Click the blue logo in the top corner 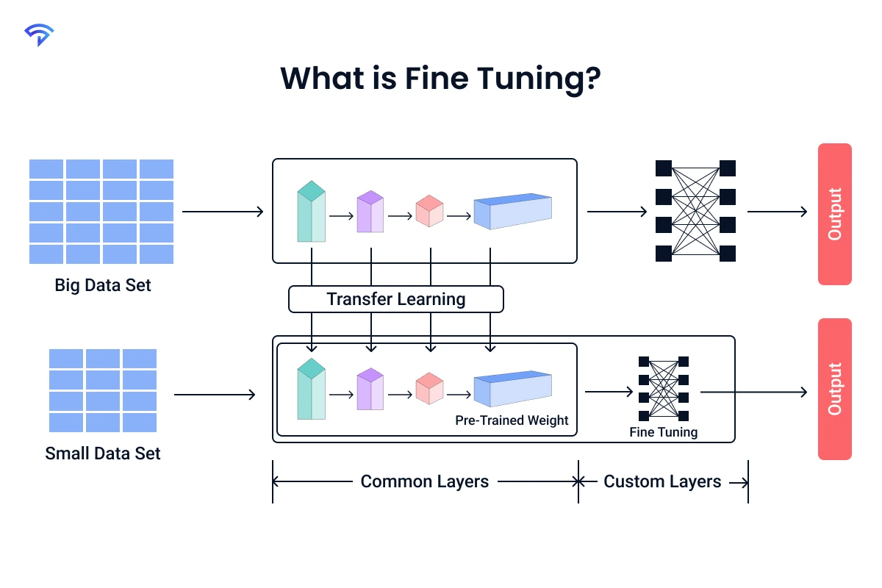click(x=38, y=34)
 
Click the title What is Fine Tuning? click(x=440, y=78)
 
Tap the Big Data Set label click(x=103, y=285)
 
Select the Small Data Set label click(x=103, y=453)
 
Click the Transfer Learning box click(x=396, y=299)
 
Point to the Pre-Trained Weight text click(x=512, y=420)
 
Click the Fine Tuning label click(x=663, y=432)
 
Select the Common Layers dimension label click(x=424, y=482)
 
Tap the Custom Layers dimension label click(x=662, y=482)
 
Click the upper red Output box click(x=834, y=214)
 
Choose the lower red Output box click(x=834, y=389)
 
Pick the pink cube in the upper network click(x=429, y=211)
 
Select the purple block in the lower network click(x=370, y=389)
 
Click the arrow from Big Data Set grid click(x=223, y=212)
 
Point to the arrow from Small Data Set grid click(x=215, y=395)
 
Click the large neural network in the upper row click(x=695, y=211)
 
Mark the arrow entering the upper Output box click(x=777, y=212)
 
